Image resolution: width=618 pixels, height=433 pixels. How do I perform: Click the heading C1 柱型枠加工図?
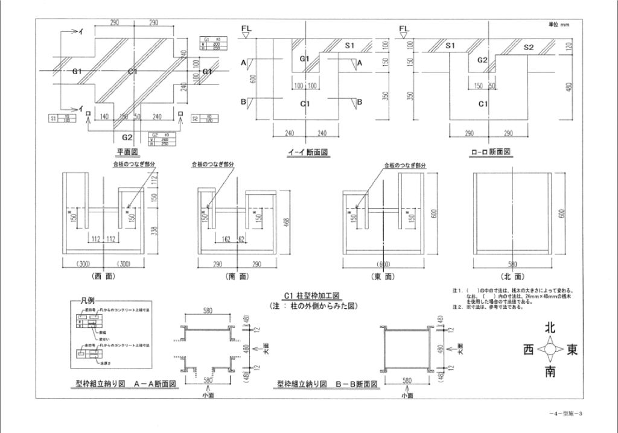313,296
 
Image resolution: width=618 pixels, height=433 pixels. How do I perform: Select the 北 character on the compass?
550,329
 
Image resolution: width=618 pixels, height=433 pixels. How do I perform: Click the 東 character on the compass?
572,350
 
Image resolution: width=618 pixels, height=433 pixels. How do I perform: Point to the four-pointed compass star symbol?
550,350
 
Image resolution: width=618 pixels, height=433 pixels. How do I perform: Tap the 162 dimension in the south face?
227,239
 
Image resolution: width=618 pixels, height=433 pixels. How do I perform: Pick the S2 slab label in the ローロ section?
529,46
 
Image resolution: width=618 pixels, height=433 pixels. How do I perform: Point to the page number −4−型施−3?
565,413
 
